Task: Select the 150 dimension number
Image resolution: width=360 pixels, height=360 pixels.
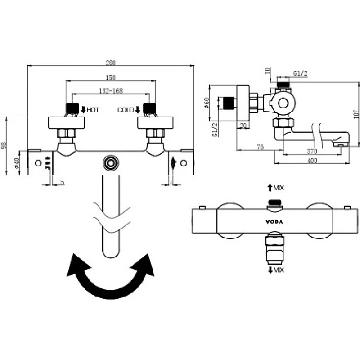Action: point(111,77)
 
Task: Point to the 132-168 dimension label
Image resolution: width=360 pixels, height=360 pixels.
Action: point(111,90)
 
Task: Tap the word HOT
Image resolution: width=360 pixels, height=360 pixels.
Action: point(93,109)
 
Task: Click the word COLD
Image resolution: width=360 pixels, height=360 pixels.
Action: point(125,109)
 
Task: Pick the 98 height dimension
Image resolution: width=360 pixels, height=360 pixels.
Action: point(4,147)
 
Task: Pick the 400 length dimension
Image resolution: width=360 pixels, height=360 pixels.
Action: point(311,161)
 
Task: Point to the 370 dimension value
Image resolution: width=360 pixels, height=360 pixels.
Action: point(311,151)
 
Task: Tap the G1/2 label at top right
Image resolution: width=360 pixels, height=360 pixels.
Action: point(300,73)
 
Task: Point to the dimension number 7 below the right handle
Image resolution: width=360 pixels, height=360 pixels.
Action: point(171,181)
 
